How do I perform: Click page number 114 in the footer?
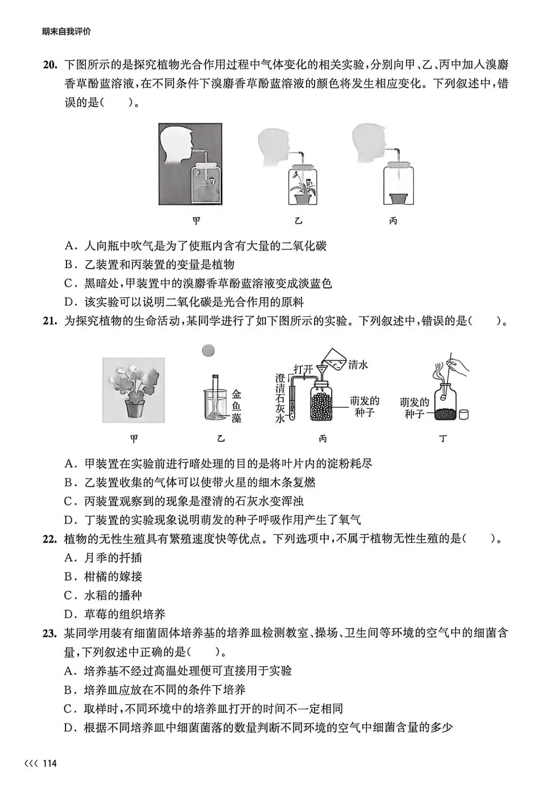click(50, 764)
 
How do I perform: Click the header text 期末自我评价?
click(67, 31)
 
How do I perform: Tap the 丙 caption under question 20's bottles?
click(393, 221)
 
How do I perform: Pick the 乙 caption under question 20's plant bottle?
click(298, 221)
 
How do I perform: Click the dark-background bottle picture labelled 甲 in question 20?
click(190, 164)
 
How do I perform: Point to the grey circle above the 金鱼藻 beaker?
click(208, 350)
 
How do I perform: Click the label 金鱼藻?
click(236, 406)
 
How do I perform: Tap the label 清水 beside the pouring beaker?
click(358, 364)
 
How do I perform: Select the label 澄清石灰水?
click(280, 398)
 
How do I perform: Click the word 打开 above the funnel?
click(303, 369)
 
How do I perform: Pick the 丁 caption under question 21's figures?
click(443, 439)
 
